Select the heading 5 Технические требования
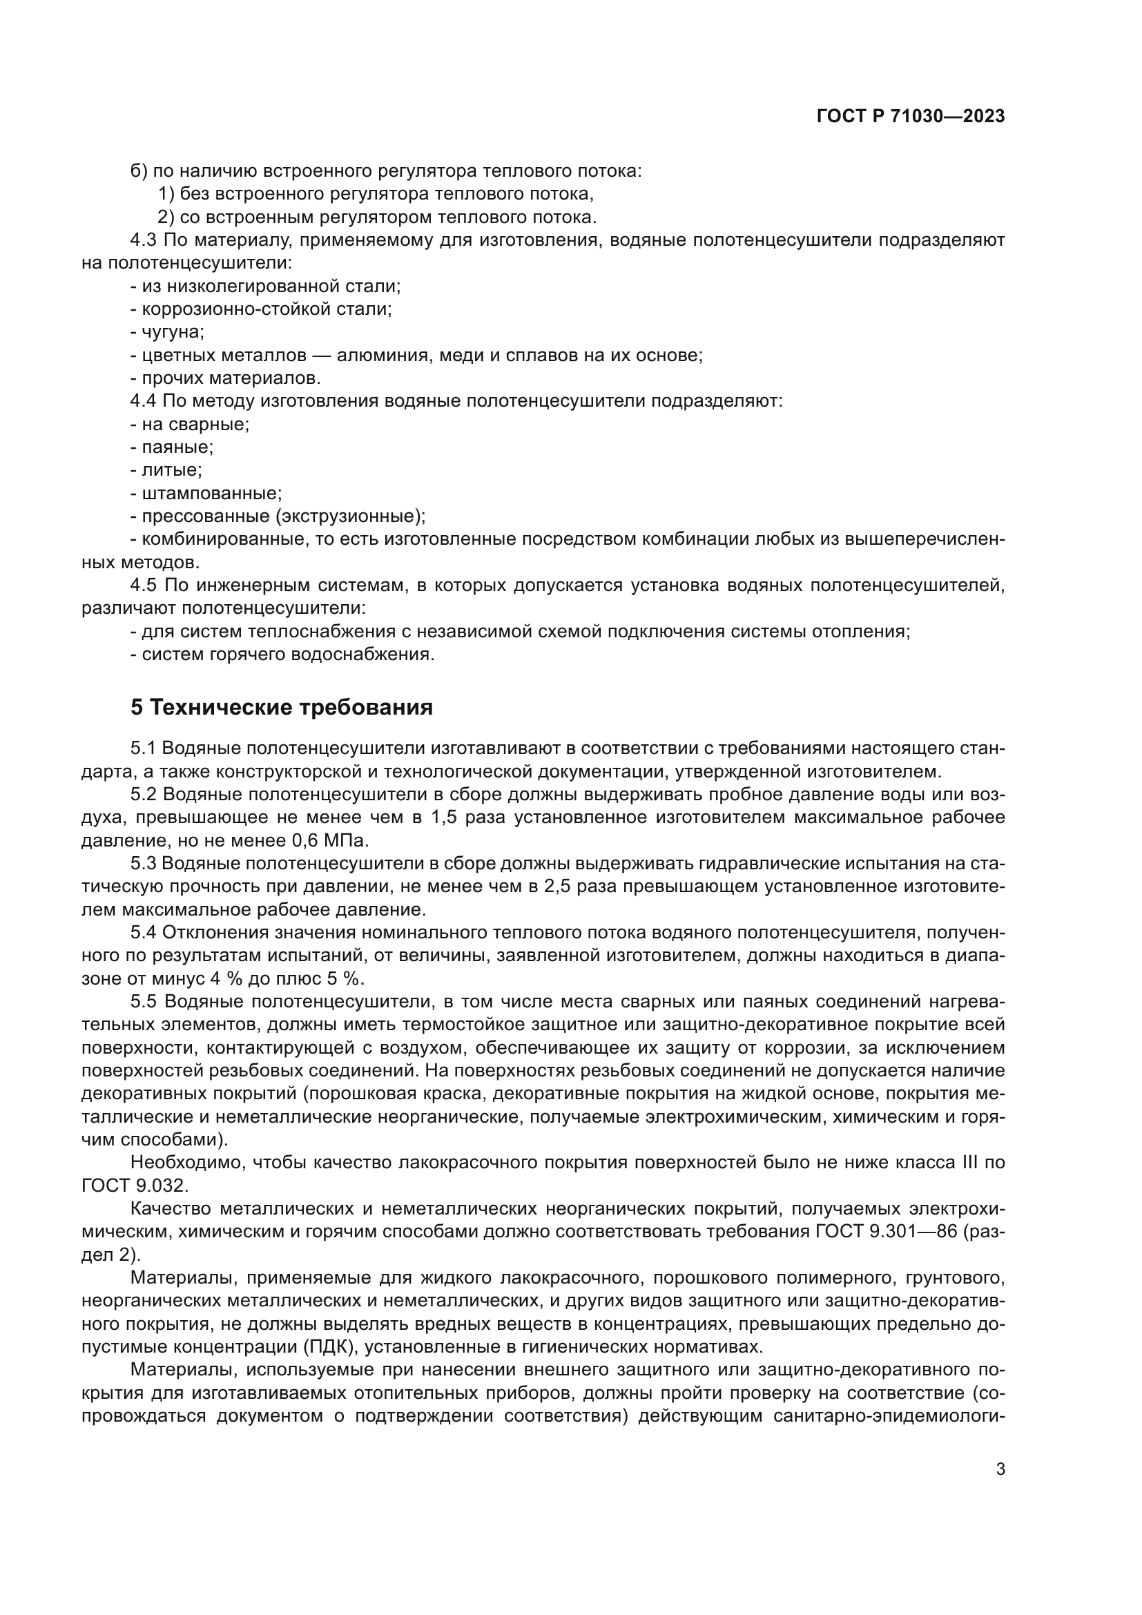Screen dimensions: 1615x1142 (x=281, y=707)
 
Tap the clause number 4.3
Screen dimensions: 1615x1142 (x=144, y=240)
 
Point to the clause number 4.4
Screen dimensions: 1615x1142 (x=144, y=402)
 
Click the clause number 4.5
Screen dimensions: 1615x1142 (x=144, y=586)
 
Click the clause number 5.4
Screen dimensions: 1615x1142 (x=144, y=933)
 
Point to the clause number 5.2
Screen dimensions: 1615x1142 (x=144, y=795)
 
